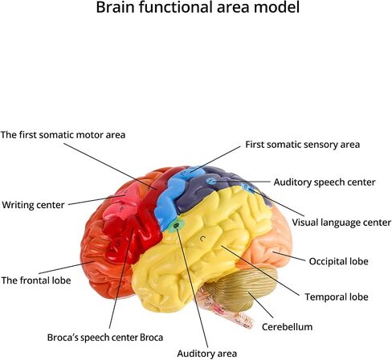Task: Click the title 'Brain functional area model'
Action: pyautogui.click(x=198, y=7)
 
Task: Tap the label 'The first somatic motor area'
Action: pyautogui.click(x=63, y=134)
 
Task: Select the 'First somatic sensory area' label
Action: pyautogui.click(x=303, y=145)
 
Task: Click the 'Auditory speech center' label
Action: pyautogui.click(x=325, y=182)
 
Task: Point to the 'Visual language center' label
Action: pyautogui.click(x=341, y=223)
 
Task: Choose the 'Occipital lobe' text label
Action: pyautogui.click(x=338, y=261)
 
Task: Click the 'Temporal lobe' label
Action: pyautogui.click(x=337, y=297)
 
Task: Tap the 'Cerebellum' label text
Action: pyautogui.click(x=287, y=327)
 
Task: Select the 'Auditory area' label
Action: pyautogui.click(x=207, y=354)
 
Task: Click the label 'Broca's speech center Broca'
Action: pyautogui.click(x=105, y=337)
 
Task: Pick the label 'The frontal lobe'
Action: pyautogui.click(x=36, y=280)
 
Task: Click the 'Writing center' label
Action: pyautogui.click(x=33, y=205)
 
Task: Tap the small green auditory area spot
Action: pyautogui.click(x=176, y=226)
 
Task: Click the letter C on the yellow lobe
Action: pyautogui.click(x=202, y=238)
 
